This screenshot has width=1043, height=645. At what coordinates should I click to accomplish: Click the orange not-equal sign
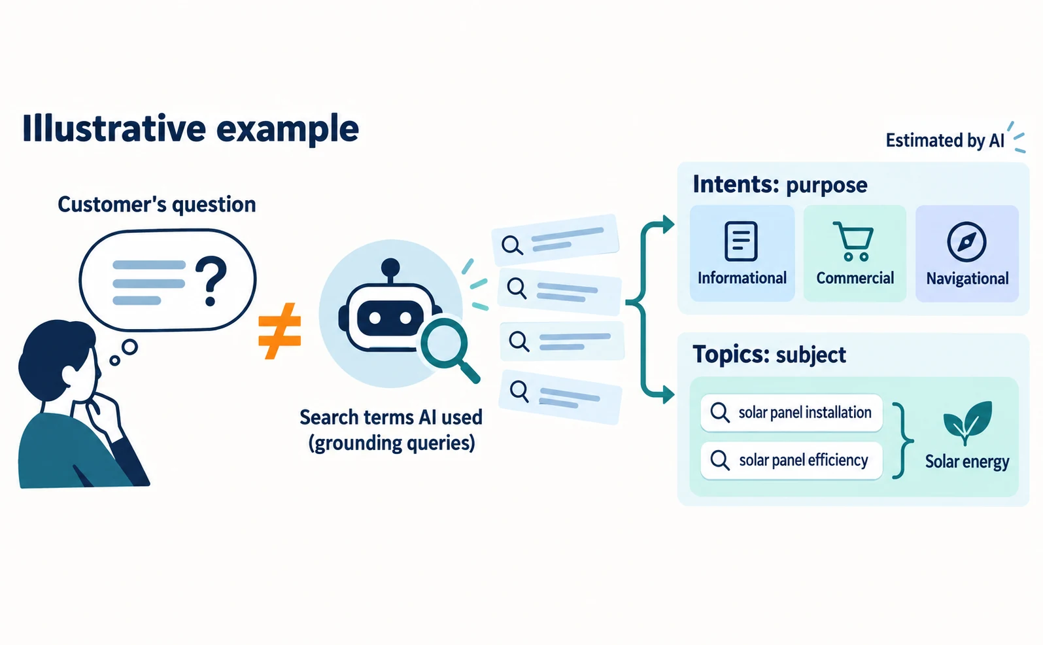point(279,331)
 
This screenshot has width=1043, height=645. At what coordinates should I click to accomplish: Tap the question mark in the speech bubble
point(211,281)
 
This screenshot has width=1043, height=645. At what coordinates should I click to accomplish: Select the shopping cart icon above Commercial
point(853,241)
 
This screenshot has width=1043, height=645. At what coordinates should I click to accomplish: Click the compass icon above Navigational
point(966,241)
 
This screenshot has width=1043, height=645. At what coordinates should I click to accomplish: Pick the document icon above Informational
point(741,241)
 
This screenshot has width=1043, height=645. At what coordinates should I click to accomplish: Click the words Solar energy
point(967,462)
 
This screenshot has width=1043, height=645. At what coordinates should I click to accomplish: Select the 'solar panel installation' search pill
point(791,413)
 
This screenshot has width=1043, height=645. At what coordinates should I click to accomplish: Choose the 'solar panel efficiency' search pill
point(791,460)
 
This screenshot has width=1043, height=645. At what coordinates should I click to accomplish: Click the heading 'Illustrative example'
point(190,129)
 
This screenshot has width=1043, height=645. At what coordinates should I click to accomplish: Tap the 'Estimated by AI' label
point(945,140)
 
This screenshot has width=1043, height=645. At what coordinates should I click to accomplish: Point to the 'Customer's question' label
point(157,205)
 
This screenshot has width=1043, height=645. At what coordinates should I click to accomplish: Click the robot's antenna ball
point(390,268)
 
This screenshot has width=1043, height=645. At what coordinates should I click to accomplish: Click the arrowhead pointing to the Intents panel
point(668,224)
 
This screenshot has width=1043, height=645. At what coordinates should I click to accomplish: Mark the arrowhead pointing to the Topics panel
point(668,395)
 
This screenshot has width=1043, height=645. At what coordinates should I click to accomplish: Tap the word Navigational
point(968,279)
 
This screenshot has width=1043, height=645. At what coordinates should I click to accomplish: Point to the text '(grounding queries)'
point(392,443)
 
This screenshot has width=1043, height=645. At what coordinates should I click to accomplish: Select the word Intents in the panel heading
point(736,184)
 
